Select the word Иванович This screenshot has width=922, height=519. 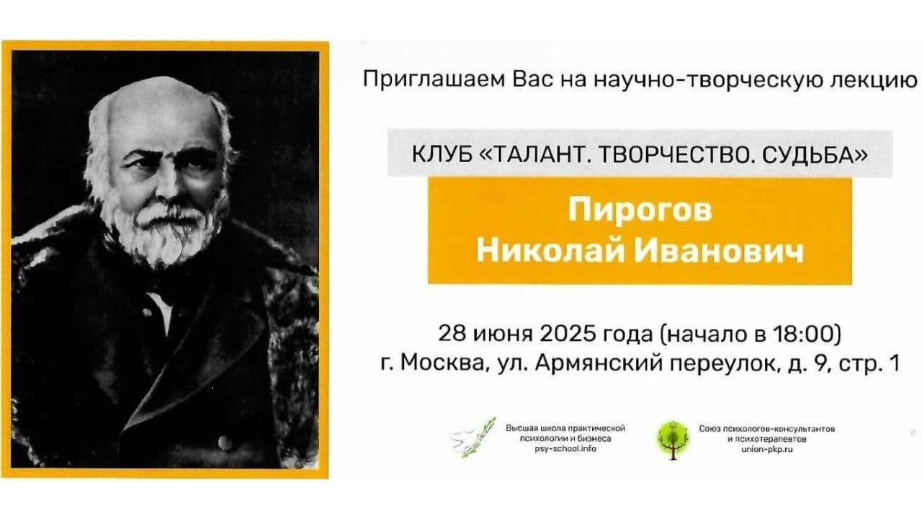pos(718,252)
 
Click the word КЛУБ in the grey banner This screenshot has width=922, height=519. pos(442,155)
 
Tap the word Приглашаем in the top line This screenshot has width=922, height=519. pos(434,79)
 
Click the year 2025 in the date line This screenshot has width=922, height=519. pos(568,334)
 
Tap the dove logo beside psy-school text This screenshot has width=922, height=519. pos(473,438)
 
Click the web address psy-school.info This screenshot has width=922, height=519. pos(565,448)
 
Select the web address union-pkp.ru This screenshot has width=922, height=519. pos(767,449)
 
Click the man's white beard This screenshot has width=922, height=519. pos(165,233)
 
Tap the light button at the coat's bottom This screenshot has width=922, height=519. pos(225,443)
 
